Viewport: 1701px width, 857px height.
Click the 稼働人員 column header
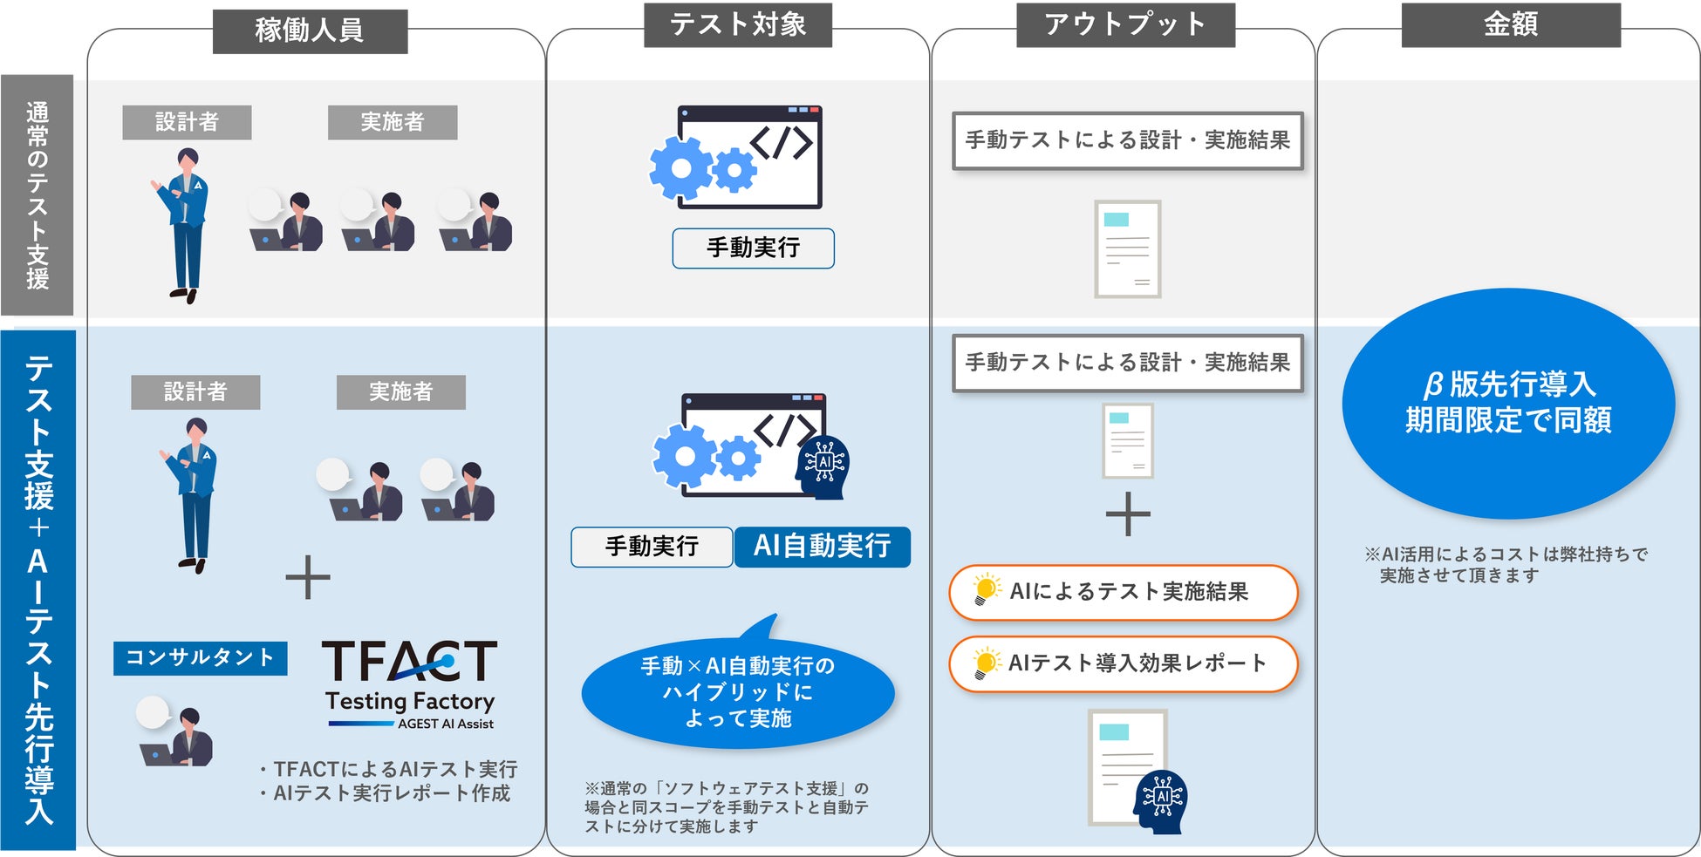[x=310, y=31]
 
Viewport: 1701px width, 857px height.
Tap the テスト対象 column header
[x=737, y=25]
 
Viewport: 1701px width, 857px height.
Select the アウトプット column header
[x=1125, y=25]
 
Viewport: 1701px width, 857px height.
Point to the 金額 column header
[x=1510, y=25]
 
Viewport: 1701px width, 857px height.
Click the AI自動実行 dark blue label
[x=822, y=547]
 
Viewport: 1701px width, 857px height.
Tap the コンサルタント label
[x=200, y=657]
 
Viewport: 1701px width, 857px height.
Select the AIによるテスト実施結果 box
[x=1124, y=592]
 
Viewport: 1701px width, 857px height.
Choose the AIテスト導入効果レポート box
[x=1124, y=663]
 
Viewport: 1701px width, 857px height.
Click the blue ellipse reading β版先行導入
[x=1507, y=403]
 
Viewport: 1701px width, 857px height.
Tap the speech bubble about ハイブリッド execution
[x=738, y=691]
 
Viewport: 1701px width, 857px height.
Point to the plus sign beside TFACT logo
[x=308, y=577]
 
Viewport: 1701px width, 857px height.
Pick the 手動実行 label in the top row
[x=753, y=248]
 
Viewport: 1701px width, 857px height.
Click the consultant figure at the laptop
[x=178, y=738]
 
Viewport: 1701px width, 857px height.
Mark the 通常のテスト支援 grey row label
[x=38, y=195]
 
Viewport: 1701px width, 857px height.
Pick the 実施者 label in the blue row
[x=400, y=392]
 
